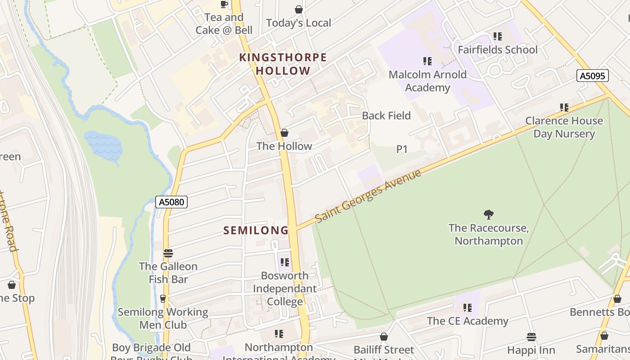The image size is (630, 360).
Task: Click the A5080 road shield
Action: coord(171,202)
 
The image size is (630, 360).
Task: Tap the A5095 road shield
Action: coord(592,76)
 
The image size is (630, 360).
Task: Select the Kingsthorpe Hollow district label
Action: coord(283,64)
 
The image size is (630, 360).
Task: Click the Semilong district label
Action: coord(256,230)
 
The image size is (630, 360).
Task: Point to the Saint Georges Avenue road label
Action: coord(368,196)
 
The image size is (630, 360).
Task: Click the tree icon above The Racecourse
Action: coord(489,214)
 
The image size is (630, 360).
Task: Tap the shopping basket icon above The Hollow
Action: coord(284,133)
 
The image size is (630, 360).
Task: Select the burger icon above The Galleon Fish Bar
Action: coord(168,253)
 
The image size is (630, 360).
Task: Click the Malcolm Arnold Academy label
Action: coord(427,81)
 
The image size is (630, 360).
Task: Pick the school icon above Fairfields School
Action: coord(497,36)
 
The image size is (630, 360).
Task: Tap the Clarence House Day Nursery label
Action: coord(564,127)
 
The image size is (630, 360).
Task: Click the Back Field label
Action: coord(386,116)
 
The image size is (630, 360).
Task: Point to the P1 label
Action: coord(402,149)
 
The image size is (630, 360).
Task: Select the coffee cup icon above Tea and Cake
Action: coord(224,4)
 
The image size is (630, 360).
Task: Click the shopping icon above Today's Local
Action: coord(298,9)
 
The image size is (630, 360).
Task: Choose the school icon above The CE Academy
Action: coord(468,308)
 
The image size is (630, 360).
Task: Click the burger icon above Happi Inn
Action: coord(531,337)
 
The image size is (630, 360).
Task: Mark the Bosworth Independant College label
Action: coord(285,288)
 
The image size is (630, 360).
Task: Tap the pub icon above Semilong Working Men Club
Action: coord(163,299)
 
